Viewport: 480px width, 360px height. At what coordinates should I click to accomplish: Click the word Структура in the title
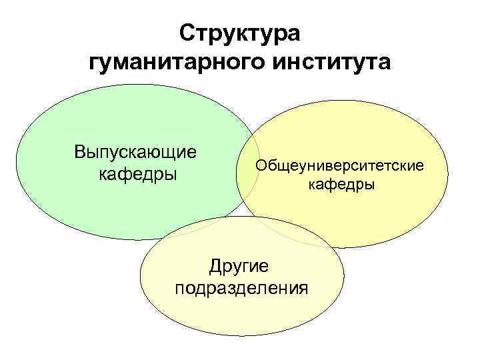tap(241, 33)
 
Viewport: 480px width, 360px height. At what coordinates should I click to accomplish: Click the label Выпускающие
tap(136, 151)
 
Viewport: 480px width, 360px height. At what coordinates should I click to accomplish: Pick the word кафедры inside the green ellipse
tap(137, 175)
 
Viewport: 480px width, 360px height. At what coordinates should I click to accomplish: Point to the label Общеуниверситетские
tap(341, 164)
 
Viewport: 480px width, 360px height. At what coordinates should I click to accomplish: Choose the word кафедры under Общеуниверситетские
tap(341, 185)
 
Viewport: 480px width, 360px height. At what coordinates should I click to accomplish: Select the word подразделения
tap(241, 289)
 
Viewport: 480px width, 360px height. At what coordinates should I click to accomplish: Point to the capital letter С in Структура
tap(187, 33)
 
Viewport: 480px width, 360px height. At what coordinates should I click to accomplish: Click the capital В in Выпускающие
tap(80, 151)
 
